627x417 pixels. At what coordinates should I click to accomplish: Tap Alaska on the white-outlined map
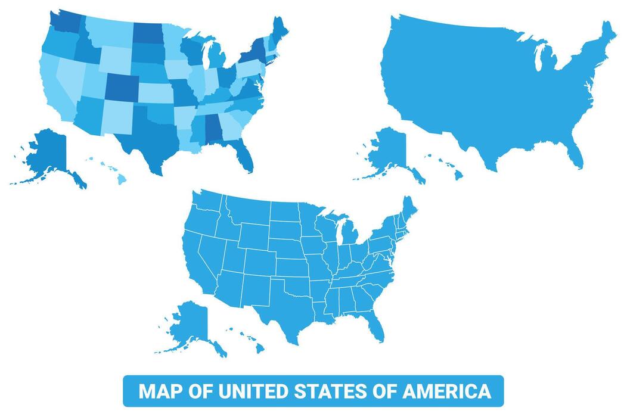190,325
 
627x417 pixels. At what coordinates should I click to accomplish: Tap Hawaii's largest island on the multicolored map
122,179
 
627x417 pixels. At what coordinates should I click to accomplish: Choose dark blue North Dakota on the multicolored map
147,32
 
